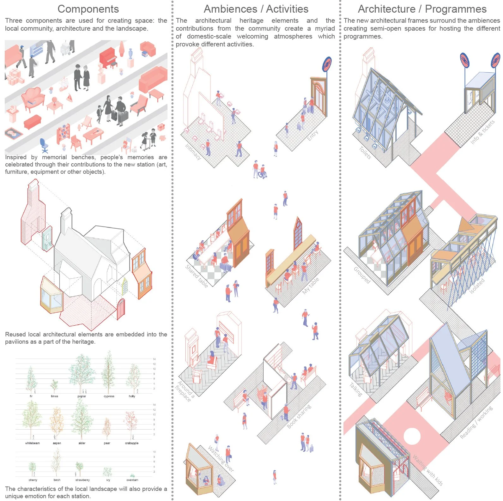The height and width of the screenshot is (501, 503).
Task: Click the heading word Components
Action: click(x=88, y=9)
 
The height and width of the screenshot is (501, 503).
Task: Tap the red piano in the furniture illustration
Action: click(x=108, y=58)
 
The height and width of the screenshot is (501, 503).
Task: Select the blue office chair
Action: click(x=44, y=146)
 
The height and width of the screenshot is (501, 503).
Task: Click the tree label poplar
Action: click(x=82, y=396)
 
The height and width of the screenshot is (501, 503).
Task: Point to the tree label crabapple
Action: click(x=132, y=443)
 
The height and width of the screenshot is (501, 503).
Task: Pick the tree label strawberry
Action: click(x=82, y=480)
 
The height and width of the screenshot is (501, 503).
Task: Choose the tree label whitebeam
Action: click(x=32, y=443)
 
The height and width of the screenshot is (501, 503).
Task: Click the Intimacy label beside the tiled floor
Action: click(x=193, y=152)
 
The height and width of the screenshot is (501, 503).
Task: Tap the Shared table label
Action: click(x=197, y=276)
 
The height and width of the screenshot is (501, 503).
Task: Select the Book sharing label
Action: click(x=299, y=416)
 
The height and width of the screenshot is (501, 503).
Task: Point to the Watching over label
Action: click(x=221, y=459)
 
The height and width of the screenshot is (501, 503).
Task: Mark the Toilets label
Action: click(x=365, y=153)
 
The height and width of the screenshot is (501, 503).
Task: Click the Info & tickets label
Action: click(x=482, y=132)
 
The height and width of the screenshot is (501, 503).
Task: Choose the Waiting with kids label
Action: click(x=428, y=470)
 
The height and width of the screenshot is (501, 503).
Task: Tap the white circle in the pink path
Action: click(x=412, y=436)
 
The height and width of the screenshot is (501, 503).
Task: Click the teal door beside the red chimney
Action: click(x=47, y=239)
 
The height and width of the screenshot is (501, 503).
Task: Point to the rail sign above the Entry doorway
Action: click(x=327, y=64)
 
